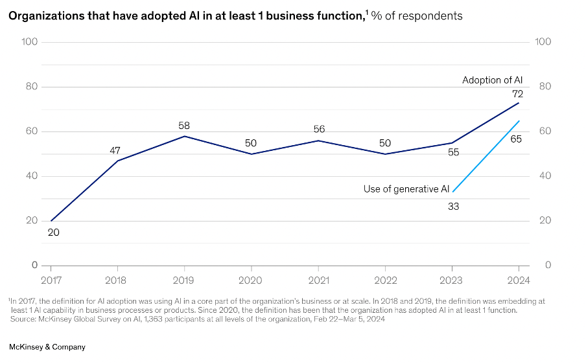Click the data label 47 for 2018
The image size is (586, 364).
click(x=117, y=150)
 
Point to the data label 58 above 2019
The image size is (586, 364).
click(x=184, y=125)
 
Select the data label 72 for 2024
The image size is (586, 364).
click(x=517, y=94)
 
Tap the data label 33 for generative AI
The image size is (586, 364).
click(x=453, y=207)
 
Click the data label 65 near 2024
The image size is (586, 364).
click(x=517, y=139)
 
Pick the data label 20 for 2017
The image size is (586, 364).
click(x=54, y=232)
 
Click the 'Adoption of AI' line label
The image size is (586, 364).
click(x=492, y=80)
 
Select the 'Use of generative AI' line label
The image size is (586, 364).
click(x=406, y=189)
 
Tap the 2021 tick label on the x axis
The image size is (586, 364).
click(x=318, y=280)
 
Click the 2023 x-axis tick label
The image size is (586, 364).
click(x=452, y=280)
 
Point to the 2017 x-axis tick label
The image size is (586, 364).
click(x=51, y=280)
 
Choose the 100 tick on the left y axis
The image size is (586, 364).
click(x=30, y=42)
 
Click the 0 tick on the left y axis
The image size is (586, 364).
click(x=34, y=265)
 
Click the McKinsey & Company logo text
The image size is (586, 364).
click(x=47, y=347)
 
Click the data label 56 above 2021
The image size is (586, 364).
click(x=318, y=130)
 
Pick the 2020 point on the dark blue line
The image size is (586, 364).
click(x=251, y=154)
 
